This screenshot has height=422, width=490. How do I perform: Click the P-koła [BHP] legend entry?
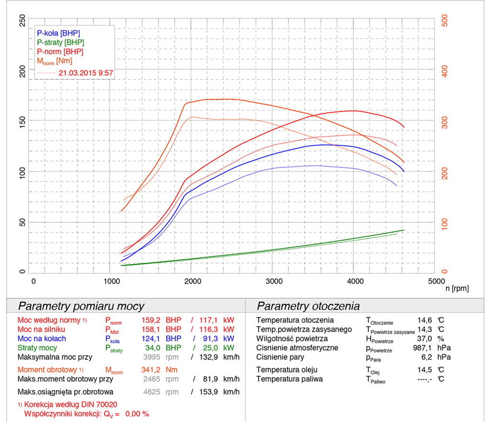click(58, 33)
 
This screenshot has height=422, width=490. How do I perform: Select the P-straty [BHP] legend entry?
click(60, 42)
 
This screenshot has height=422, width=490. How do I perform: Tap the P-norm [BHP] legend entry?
click(60, 52)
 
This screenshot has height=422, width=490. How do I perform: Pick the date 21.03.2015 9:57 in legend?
click(86, 73)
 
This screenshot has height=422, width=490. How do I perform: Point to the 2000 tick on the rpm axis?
click(193, 281)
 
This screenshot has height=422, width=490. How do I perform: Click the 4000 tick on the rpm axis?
click(355, 281)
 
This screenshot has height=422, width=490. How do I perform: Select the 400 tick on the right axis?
click(445, 71)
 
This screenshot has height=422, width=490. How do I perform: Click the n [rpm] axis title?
click(457, 288)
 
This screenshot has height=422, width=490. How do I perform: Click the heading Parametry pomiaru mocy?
click(81, 306)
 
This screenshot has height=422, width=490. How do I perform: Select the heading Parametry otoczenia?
click(308, 306)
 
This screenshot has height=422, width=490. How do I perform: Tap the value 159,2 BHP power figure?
click(151, 320)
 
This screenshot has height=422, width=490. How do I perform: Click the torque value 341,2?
click(151, 370)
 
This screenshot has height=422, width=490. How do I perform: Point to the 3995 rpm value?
click(152, 357)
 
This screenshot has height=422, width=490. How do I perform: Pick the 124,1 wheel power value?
click(151, 338)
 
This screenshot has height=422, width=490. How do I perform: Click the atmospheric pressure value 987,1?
click(422, 348)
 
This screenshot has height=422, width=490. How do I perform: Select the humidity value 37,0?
click(424, 338)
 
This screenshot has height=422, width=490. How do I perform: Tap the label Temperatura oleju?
click(287, 370)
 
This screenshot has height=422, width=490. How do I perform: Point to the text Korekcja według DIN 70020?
click(71, 404)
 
